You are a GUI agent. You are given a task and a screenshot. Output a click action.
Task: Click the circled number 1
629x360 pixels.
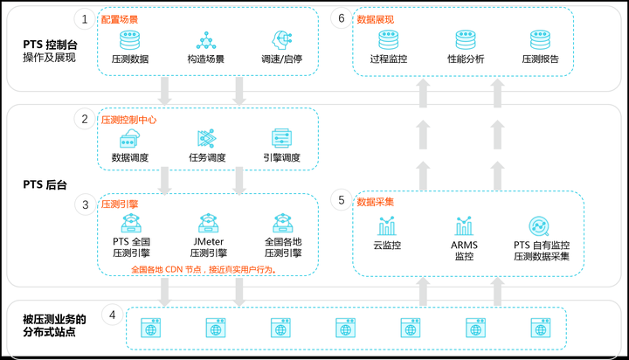85,18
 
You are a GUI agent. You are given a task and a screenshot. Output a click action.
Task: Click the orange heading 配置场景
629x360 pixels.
119,18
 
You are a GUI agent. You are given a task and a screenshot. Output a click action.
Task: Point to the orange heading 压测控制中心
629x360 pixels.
128,120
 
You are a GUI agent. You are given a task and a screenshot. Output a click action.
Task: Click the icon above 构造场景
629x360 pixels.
206,39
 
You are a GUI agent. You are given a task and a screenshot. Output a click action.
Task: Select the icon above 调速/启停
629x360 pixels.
281,39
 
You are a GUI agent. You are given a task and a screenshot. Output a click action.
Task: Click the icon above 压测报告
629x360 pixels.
540,39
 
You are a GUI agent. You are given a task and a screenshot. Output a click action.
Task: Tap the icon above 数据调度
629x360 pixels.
130,138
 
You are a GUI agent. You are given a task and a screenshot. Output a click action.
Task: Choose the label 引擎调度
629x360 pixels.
281,158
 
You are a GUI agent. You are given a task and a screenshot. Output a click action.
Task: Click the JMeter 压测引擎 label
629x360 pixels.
207,247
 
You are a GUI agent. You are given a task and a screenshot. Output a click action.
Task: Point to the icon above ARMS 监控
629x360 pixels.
464,225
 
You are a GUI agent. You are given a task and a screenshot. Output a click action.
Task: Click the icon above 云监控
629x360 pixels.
386,225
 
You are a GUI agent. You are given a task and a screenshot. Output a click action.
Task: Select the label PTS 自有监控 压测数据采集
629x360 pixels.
542,251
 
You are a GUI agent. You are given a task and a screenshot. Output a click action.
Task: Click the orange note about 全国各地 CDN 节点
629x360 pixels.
204,270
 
